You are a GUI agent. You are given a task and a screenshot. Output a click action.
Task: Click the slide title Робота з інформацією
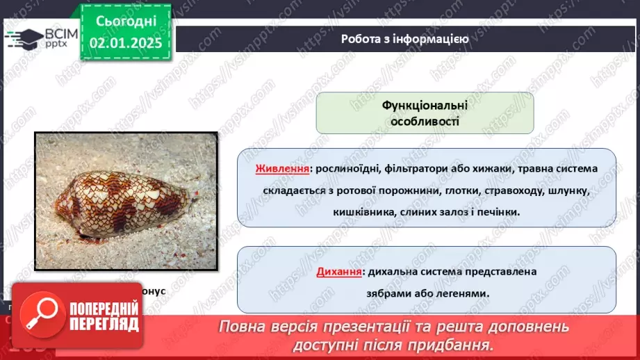404,39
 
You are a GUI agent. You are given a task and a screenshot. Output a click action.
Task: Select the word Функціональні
425,105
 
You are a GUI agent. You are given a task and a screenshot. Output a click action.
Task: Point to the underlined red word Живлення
283,169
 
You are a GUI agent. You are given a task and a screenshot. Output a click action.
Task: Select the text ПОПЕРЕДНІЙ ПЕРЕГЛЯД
103,317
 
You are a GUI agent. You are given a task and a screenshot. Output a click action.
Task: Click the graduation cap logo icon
23,37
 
